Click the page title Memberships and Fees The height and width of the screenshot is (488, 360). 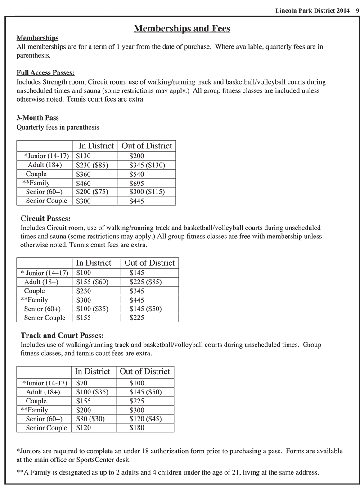pos(182,29)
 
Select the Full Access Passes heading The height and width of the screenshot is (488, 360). pos(45,72)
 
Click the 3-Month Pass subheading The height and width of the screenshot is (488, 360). pos(37,118)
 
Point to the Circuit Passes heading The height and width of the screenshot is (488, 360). pos(45,219)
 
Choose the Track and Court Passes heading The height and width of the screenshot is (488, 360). pos(63,335)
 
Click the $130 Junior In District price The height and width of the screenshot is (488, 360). pos(84,156)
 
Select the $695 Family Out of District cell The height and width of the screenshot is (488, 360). pos(137,183)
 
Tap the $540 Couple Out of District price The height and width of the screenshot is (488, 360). pos(137,174)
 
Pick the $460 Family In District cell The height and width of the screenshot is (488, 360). pos(84,183)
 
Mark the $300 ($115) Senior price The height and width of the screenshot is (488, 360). pos(147,192)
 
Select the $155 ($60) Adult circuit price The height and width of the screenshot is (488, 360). pos(92,282)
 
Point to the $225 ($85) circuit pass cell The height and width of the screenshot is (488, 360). pos(145,282)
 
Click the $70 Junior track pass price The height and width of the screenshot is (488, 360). pos(82,383)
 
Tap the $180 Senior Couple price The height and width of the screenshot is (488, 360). pos(137,428)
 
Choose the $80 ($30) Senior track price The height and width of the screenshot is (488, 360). pos(90,419)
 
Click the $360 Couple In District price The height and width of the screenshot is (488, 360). pos(84,174)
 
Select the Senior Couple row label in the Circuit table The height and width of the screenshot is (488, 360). pos(45,318)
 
